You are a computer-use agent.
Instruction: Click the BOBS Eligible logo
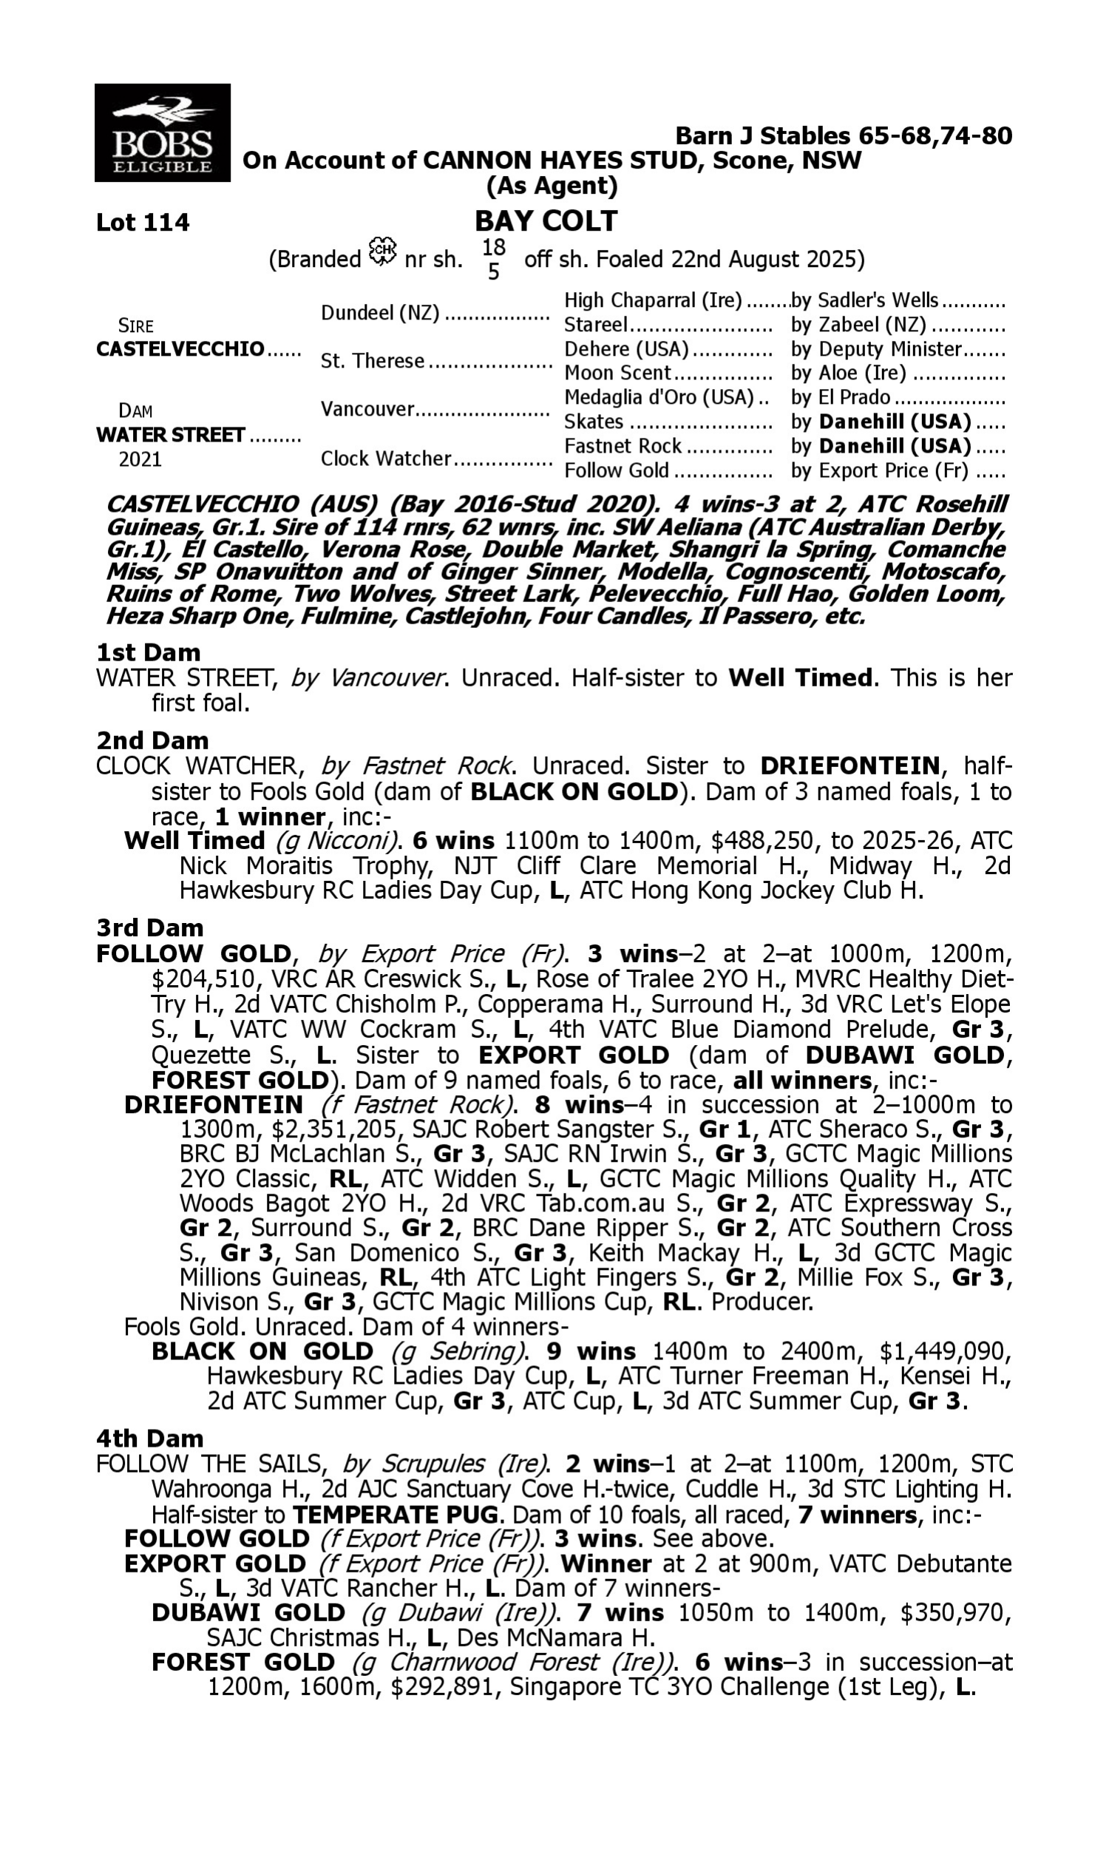162,133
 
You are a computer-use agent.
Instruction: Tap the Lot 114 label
143,223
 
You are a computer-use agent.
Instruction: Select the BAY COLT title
546,221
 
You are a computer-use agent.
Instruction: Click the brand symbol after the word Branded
383,252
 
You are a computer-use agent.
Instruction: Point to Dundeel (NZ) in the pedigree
379,313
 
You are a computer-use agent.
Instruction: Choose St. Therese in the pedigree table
372,362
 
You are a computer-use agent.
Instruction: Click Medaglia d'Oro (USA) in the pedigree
658,398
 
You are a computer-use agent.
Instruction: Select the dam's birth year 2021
140,459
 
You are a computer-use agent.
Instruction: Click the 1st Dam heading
148,652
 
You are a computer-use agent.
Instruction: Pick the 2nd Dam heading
152,740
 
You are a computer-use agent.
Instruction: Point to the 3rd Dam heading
149,928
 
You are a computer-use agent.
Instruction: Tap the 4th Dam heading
149,1439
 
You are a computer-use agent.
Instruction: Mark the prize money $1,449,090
946,1352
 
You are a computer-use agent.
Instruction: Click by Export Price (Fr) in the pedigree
880,471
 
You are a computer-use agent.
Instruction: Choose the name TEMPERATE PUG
396,1515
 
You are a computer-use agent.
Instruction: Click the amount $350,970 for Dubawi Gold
956,1613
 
